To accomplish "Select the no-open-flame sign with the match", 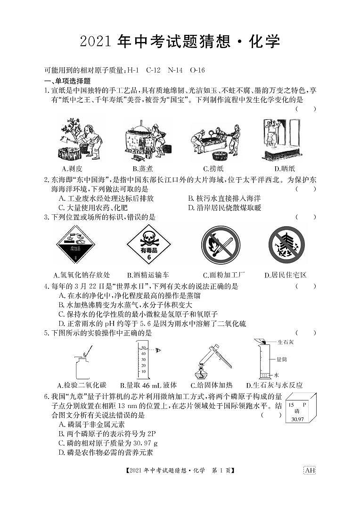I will coord(221,245).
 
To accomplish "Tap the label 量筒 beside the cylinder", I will coord(281,359).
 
